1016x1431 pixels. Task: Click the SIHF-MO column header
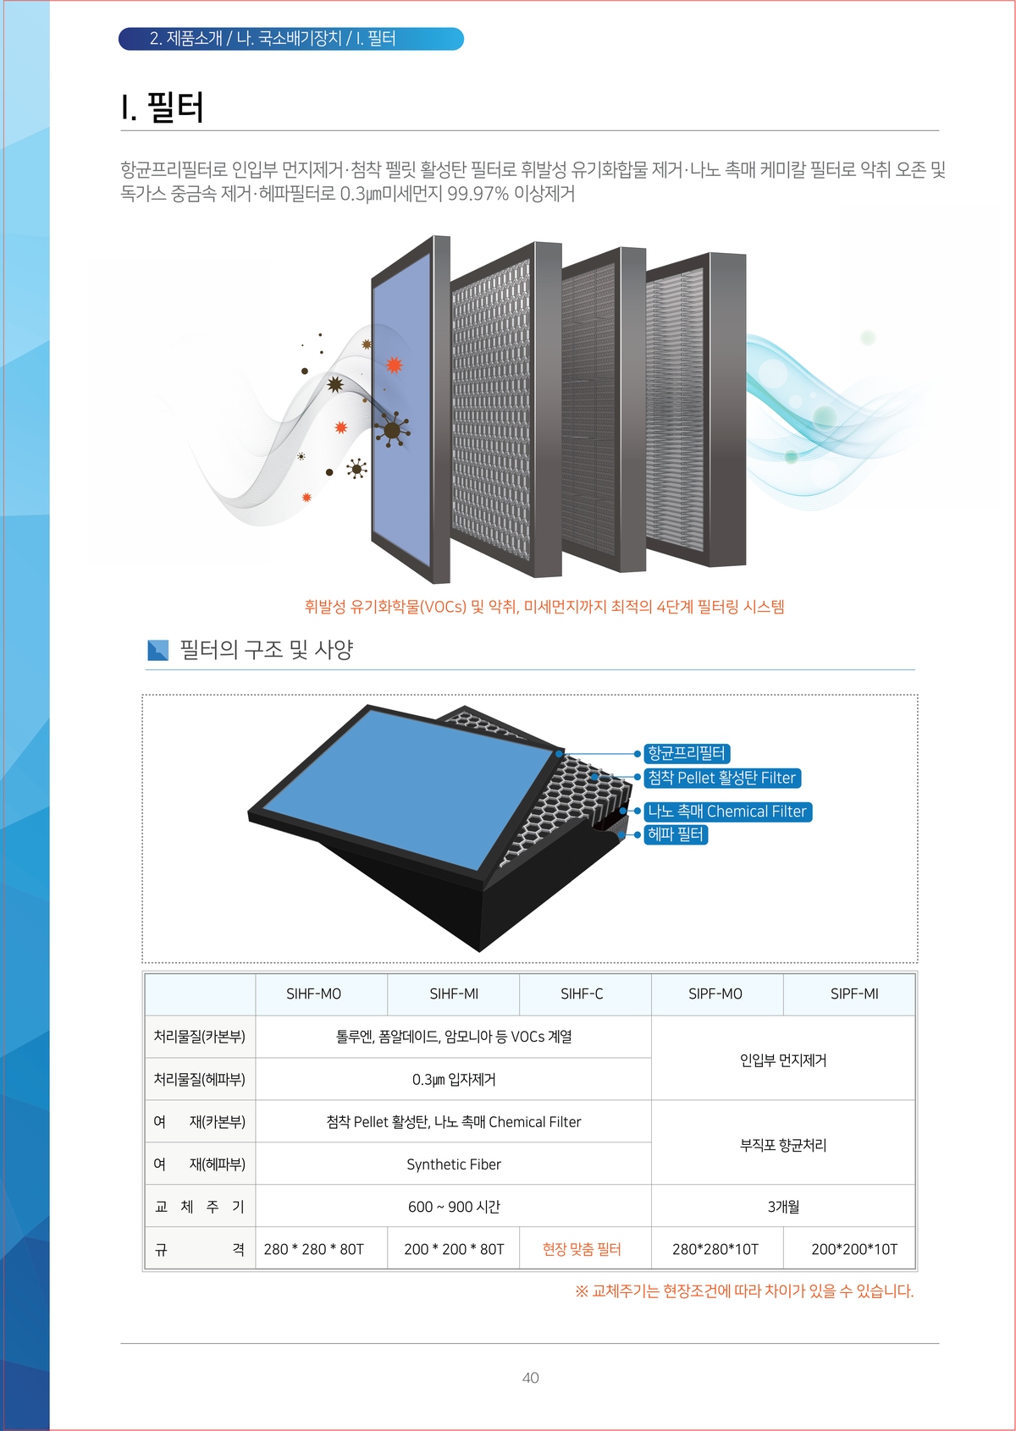(314, 993)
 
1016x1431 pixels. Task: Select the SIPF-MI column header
(854, 993)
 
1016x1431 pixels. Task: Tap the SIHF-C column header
(582, 993)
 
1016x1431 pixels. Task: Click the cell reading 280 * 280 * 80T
(314, 1249)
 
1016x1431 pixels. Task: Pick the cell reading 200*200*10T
(854, 1249)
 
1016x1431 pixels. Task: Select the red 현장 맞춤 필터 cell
(582, 1249)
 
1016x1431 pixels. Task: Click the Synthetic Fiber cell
(454, 1164)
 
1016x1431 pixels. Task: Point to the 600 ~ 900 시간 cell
(454, 1206)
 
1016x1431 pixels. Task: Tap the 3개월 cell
(783, 1206)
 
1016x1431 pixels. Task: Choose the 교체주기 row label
(199, 1206)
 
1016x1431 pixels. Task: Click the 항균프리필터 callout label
(687, 753)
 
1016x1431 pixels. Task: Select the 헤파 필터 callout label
(676, 834)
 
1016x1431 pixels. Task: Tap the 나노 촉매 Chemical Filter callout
(727, 812)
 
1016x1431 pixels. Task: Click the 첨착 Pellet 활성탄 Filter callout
(722, 778)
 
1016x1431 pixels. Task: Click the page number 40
(530, 1378)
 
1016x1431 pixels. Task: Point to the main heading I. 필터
(163, 106)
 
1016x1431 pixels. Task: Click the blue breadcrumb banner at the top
(290, 38)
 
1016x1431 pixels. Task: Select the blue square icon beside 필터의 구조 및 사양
(157, 650)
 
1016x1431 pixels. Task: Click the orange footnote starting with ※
(744, 1291)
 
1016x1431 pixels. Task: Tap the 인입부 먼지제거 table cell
(783, 1059)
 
